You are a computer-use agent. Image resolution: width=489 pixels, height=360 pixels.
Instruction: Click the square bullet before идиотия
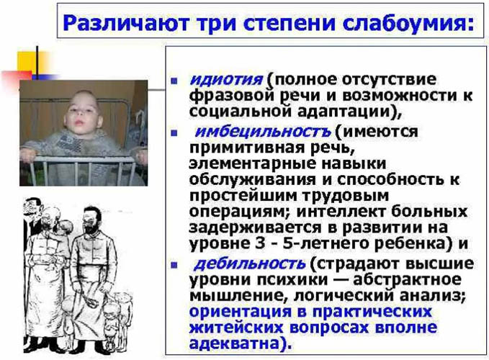175,79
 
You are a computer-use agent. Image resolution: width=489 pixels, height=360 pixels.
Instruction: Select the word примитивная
238,148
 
